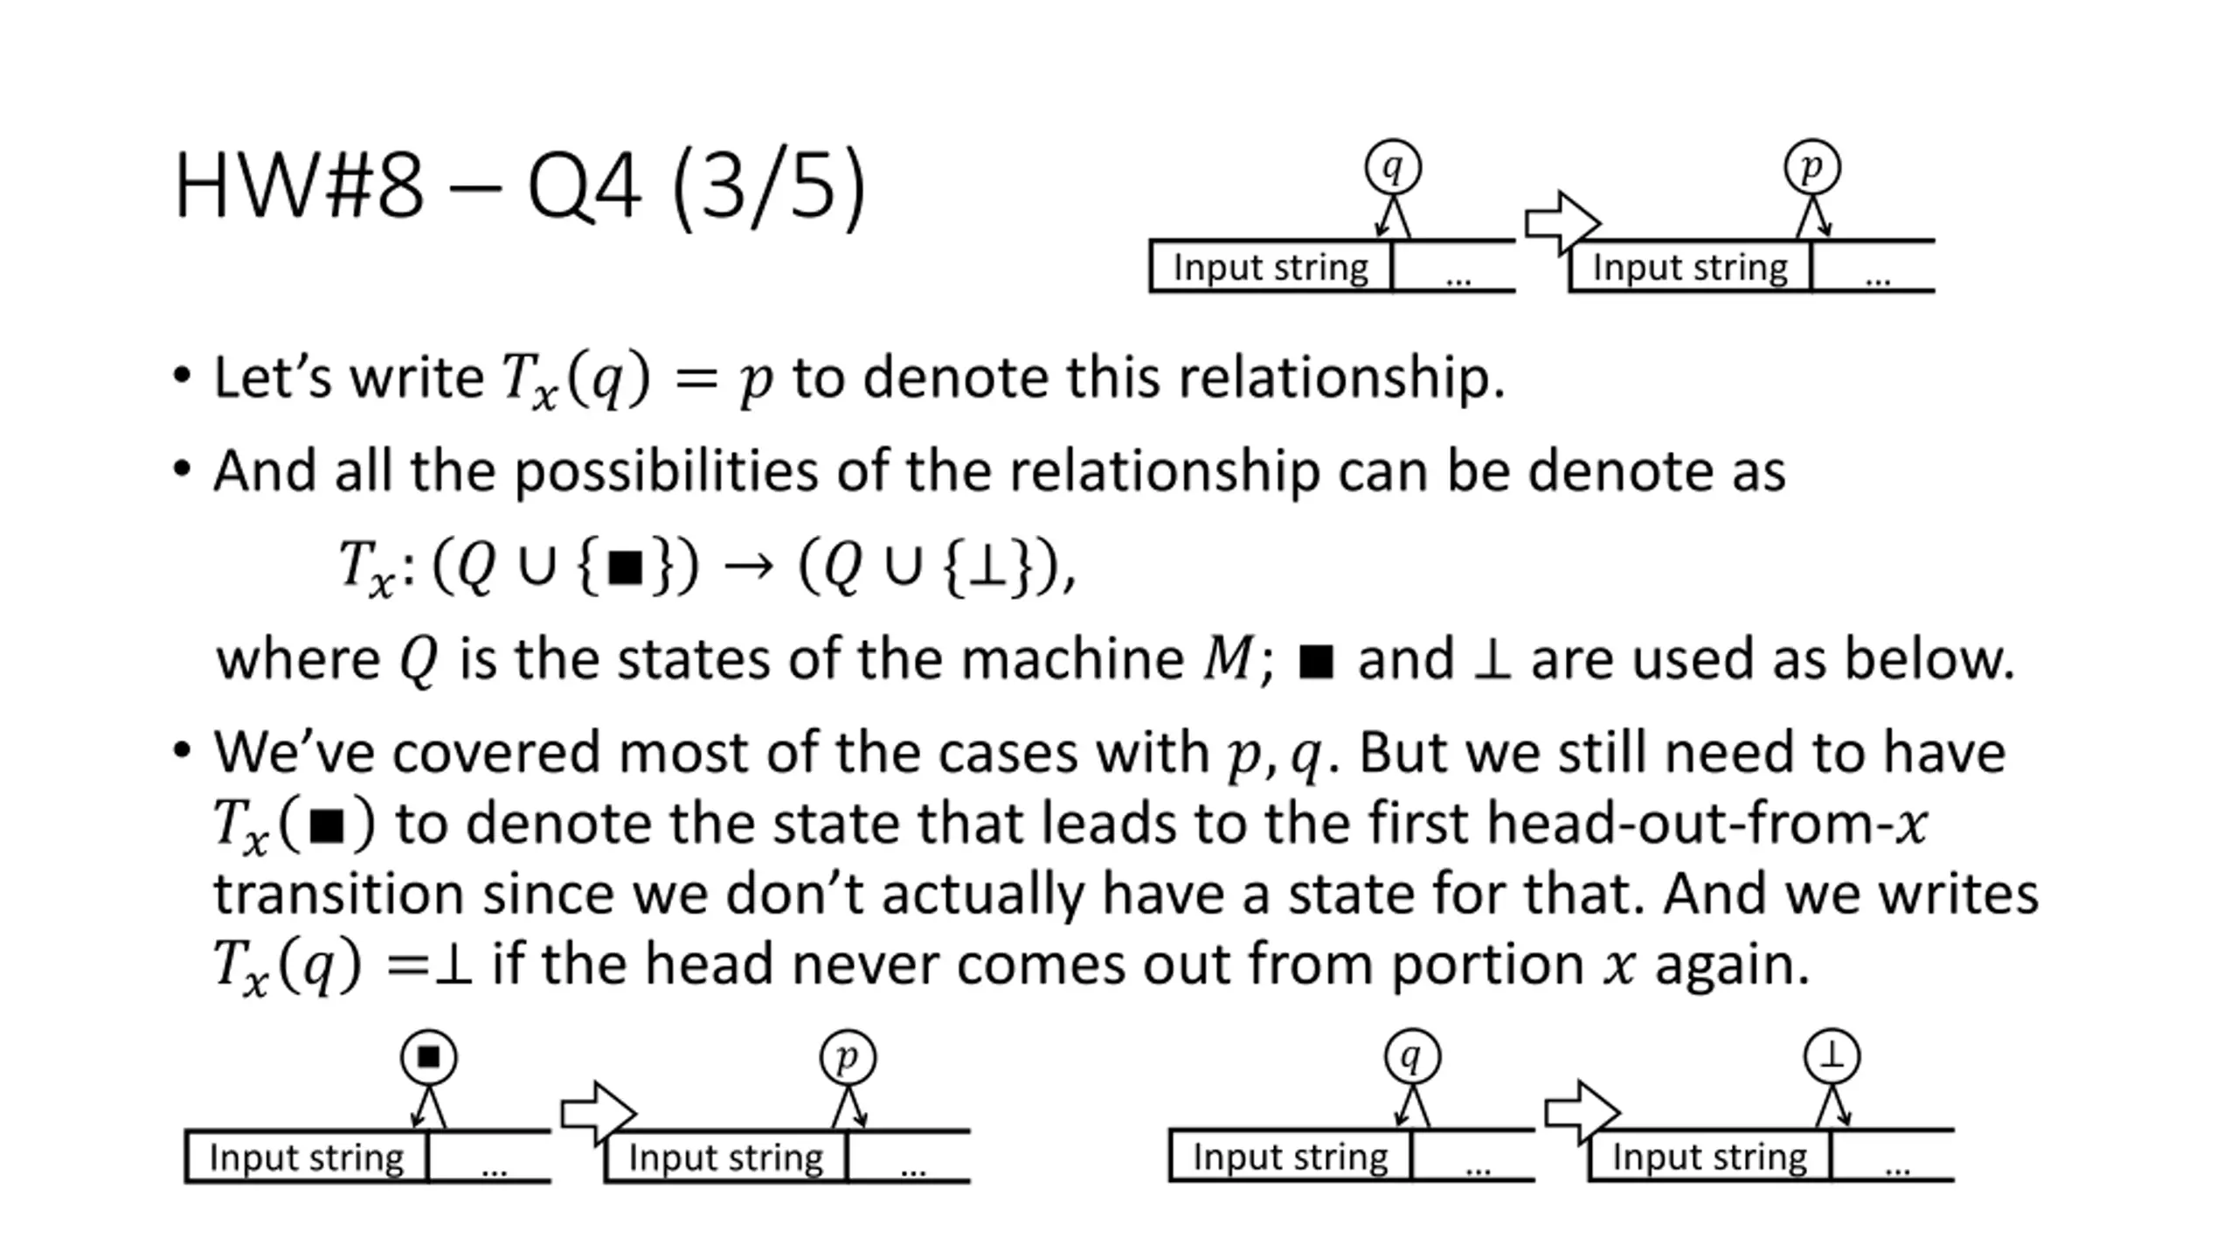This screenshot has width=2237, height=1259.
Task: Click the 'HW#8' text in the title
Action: (299, 186)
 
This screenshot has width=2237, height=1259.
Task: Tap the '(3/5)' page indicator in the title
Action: (768, 186)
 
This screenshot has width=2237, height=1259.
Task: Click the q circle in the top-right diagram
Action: (1393, 167)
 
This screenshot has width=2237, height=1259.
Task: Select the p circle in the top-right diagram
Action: (1811, 167)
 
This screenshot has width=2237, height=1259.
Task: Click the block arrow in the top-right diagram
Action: (1562, 224)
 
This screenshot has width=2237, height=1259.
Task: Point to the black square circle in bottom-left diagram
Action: (428, 1057)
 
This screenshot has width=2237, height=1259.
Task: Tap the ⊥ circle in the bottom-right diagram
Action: (1832, 1056)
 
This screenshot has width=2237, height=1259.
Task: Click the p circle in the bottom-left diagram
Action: (848, 1057)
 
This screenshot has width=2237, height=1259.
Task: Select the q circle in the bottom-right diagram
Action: (1412, 1056)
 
